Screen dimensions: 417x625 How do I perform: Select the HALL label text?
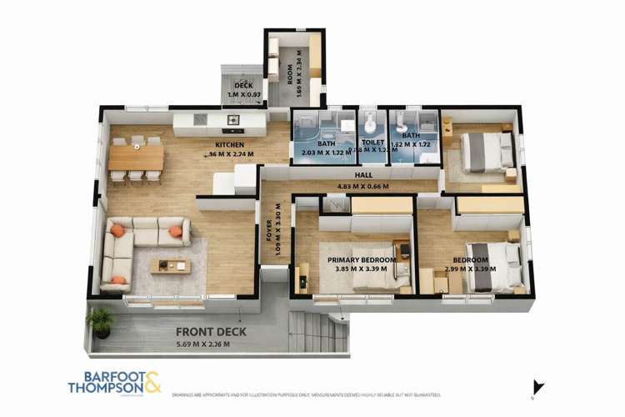pos(362,174)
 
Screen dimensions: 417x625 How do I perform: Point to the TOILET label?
pos(372,142)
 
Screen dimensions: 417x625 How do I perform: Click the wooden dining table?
pos(136,158)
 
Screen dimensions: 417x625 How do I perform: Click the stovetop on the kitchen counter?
pos(233,122)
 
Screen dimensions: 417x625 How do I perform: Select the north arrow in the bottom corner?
pos(538,386)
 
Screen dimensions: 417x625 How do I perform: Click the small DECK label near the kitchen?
pos(242,85)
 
